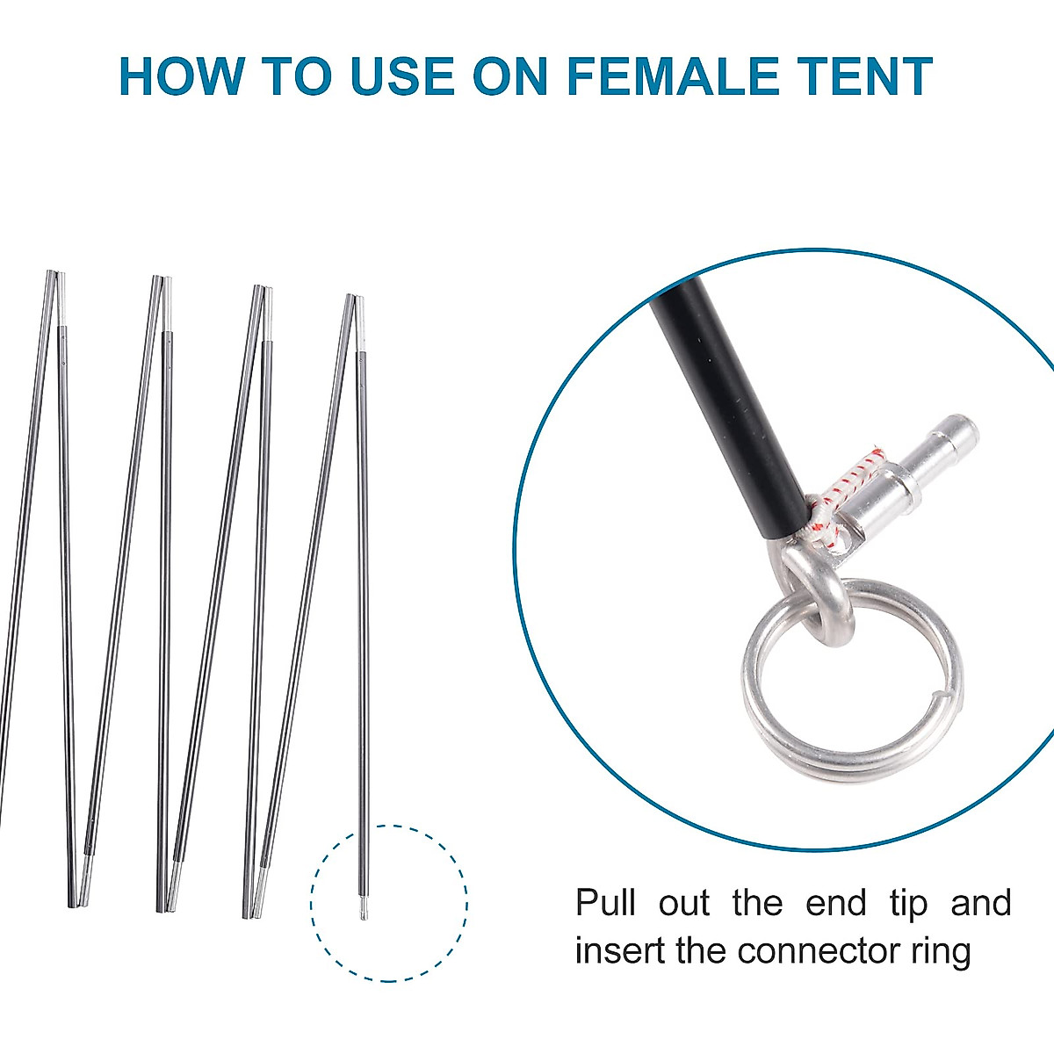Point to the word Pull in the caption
(605, 903)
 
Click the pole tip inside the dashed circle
(364, 906)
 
